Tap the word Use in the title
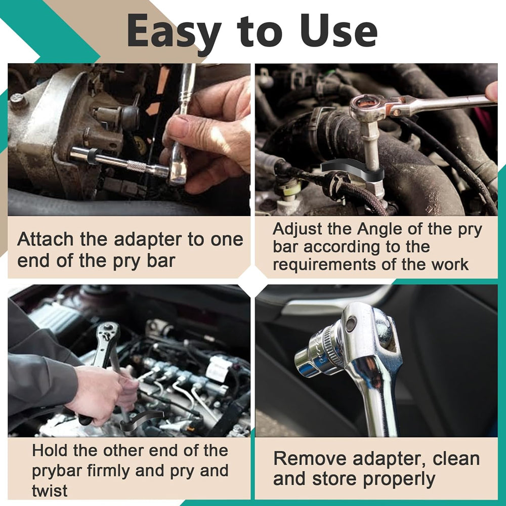[x=339, y=31]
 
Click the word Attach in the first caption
[x=46, y=239]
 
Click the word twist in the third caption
[x=50, y=490]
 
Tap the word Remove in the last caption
[x=309, y=458]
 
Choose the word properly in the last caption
[x=399, y=480]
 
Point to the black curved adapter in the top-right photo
[x=352, y=172]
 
